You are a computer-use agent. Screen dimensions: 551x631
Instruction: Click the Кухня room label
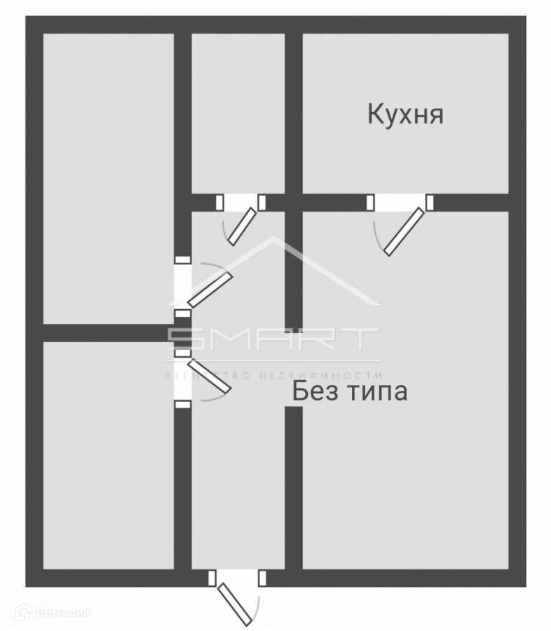click(x=405, y=114)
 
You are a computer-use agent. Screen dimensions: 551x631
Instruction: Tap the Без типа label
click(x=349, y=391)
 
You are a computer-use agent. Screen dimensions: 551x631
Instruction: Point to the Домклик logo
click(x=53, y=613)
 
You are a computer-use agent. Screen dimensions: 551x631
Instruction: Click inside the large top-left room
click(x=109, y=175)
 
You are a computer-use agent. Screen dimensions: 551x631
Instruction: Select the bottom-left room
click(x=109, y=456)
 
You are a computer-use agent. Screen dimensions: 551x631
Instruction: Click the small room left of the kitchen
click(x=238, y=112)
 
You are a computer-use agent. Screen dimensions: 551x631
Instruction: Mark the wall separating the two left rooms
click(x=109, y=333)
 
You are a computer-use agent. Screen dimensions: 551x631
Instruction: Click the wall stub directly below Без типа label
click(x=294, y=484)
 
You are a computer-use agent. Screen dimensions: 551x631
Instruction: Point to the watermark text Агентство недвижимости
click(x=273, y=375)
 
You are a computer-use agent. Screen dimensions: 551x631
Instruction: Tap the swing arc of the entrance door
click(x=259, y=609)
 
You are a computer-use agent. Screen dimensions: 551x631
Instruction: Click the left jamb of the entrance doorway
click(x=212, y=578)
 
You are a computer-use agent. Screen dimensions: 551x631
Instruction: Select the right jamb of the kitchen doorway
click(x=430, y=203)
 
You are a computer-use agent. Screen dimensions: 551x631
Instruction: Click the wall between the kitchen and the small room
click(x=294, y=112)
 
